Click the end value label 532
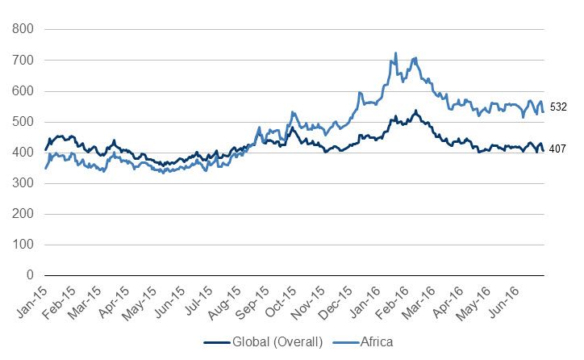(x=559, y=107)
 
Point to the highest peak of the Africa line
(x=395, y=53)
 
